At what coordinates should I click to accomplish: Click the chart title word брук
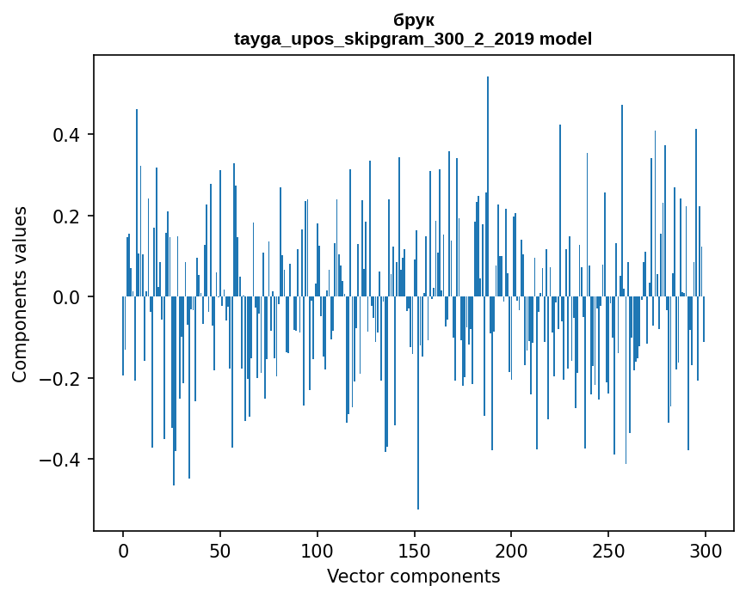[x=413, y=21]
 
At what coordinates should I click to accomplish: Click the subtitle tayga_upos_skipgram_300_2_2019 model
[x=413, y=39]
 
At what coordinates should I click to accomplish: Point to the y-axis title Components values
[x=20, y=294]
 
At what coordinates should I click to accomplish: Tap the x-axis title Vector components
[x=413, y=576]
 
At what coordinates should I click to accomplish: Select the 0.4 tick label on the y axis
[x=65, y=135]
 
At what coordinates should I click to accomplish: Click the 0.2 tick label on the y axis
[x=65, y=216]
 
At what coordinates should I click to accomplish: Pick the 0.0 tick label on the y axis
[x=65, y=297]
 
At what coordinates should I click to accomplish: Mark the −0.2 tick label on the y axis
[x=59, y=378]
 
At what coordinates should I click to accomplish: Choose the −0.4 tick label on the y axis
[x=59, y=459]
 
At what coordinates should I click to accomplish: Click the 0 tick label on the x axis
[x=123, y=550]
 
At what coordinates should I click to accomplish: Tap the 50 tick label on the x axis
[x=220, y=550]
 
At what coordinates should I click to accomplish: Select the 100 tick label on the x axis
[x=318, y=550]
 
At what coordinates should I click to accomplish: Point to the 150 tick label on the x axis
[x=415, y=550]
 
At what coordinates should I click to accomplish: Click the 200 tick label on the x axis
[x=512, y=550]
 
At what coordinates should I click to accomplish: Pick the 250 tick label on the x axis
[x=608, y=550]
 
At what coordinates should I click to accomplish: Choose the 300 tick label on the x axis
[x=706, y=550]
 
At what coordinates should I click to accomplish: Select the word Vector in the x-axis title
[x=353, y=576]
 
